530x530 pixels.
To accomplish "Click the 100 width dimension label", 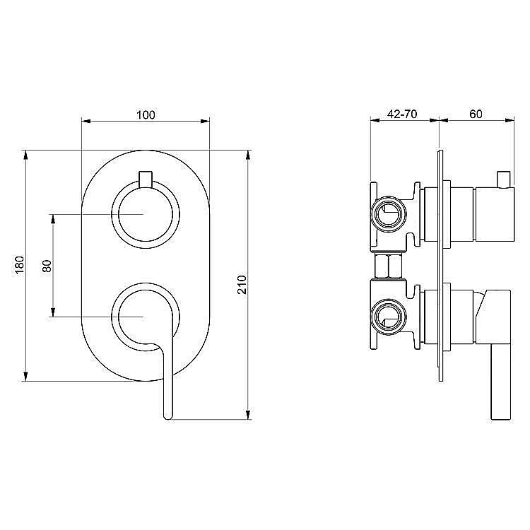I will [x=146, y=114].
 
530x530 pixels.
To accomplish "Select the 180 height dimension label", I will [x=20, y=265].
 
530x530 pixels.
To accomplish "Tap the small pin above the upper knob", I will [x=146, y=178].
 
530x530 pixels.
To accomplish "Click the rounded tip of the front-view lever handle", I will [x=167, y=416].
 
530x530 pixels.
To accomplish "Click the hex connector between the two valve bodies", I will [x=389, y=267].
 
